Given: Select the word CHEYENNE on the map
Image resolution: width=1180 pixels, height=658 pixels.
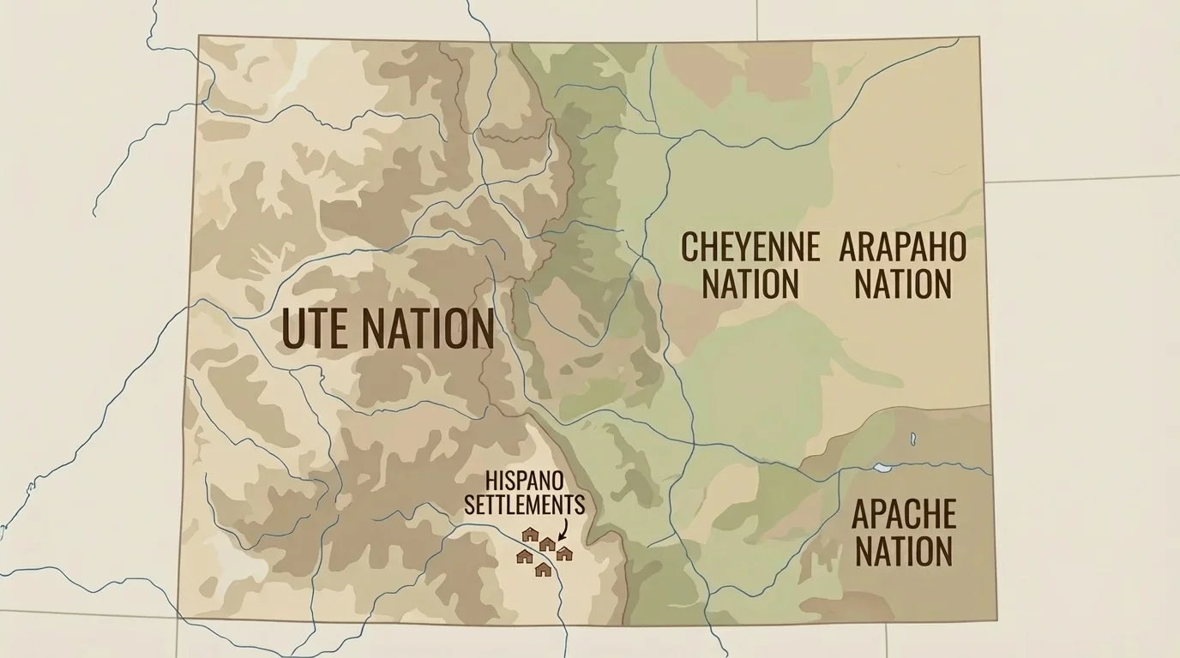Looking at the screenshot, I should (750, 247).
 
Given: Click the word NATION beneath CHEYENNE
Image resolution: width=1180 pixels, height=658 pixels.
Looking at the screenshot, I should (750, 284).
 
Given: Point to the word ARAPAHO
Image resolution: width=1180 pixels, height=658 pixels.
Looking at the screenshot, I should (902, 247).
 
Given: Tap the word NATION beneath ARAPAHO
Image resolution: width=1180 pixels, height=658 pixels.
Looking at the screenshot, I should (902, 284).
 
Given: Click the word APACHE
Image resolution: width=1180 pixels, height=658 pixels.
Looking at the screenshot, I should (903, 514).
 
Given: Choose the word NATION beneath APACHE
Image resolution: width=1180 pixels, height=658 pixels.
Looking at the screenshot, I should (903, 551).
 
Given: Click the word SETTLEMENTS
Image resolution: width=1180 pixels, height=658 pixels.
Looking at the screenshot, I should (525, 504).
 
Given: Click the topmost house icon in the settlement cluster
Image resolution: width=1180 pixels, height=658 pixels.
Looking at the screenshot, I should (530, 535).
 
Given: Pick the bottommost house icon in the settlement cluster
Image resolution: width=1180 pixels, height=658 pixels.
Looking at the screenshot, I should (543, 569).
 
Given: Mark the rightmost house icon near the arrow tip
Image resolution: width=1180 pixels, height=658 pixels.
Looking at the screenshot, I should (563, 553).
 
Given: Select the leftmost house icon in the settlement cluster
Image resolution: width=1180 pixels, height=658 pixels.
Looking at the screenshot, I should (524, 557).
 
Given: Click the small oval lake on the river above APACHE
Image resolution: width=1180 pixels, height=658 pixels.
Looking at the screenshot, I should (882, 469).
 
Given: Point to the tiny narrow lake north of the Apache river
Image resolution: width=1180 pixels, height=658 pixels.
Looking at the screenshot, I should (912, 440).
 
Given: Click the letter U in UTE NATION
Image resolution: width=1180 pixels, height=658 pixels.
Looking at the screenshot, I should (293, 329).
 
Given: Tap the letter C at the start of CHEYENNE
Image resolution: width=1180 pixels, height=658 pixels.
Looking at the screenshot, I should (689, 247).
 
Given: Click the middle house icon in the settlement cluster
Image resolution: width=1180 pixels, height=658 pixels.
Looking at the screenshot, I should (547, 544).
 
